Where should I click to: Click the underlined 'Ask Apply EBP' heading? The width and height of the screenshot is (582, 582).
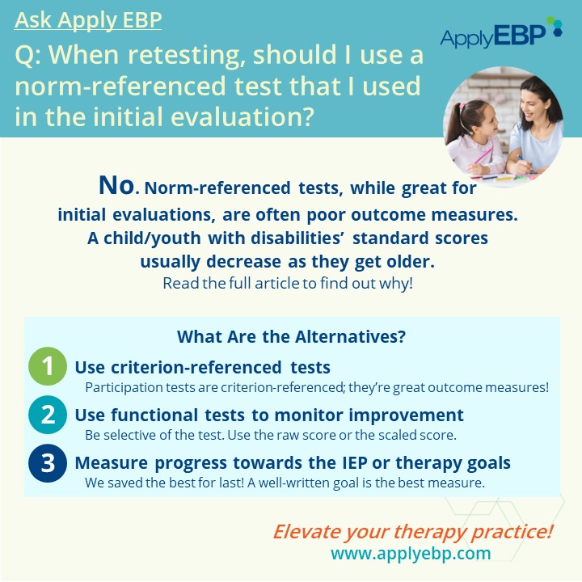point(88,20)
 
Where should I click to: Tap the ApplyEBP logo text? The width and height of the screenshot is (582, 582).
point(493,36)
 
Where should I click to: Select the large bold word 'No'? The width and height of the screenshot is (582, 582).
point(116,185)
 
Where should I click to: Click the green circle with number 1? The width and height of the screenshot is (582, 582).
point(48,366)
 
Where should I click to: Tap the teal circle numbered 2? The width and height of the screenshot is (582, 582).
point(48,415)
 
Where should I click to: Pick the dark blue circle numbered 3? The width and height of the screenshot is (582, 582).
point(48,463)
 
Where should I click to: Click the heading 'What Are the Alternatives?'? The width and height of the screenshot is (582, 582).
point(291,336)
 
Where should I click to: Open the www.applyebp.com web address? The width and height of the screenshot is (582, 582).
point(411,553)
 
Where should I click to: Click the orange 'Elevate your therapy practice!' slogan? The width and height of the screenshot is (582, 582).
point(413,532)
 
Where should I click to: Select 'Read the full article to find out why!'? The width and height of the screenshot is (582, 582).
point(288,283)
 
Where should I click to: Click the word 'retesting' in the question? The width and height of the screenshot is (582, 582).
point(184,55)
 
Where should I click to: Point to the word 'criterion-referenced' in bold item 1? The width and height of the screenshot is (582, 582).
point(196,367)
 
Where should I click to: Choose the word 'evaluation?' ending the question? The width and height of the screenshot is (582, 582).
point(242,116)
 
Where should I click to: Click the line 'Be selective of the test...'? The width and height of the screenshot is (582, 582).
point(271,435)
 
